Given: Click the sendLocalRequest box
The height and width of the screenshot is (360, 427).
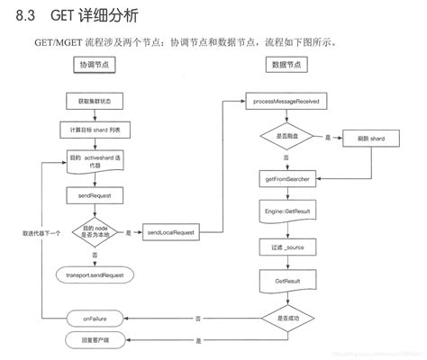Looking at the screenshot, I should [172, 232].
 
